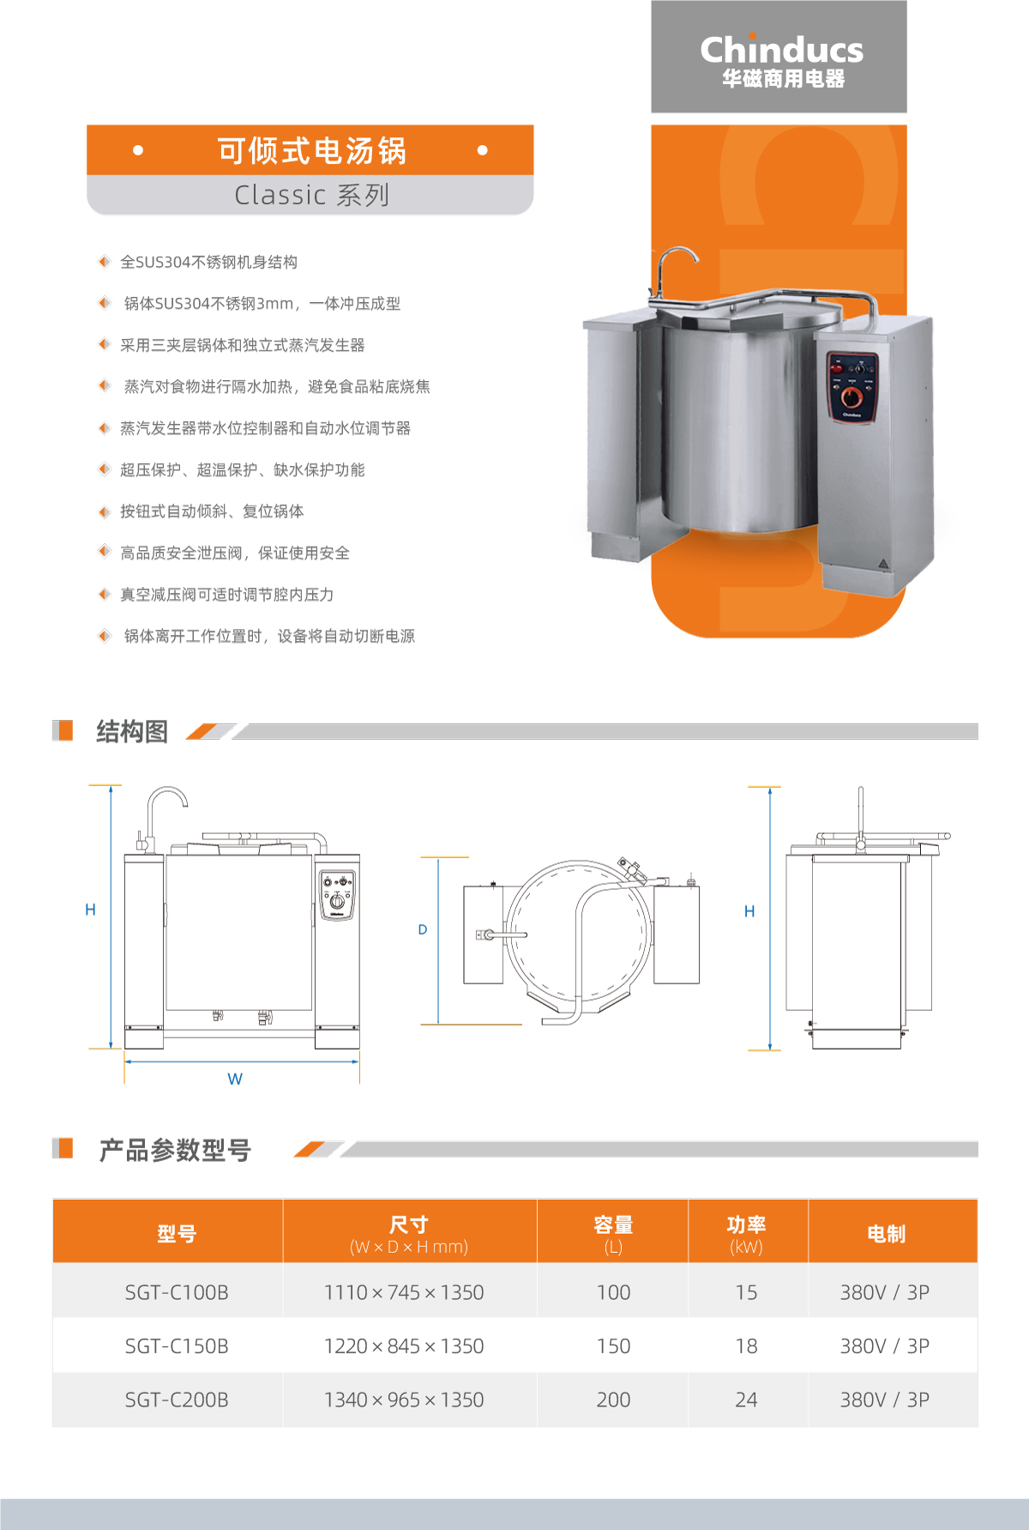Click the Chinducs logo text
781,49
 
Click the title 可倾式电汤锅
311,150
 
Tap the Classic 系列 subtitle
312,195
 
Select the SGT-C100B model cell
177,1292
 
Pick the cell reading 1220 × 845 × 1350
404,1346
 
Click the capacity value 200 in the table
613,1400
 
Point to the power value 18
746,1346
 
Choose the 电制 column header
886,1234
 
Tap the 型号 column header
177,1234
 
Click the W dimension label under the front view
235,1079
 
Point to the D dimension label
423,929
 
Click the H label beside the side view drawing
749,911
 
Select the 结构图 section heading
132,731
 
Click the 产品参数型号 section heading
175,1150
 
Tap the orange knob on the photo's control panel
851,396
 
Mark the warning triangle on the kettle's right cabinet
883,565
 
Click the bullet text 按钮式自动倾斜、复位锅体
212,511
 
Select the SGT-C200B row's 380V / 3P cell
885,1400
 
